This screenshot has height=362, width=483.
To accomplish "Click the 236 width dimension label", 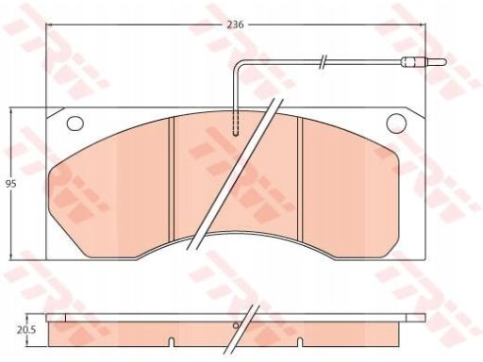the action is point(236,25).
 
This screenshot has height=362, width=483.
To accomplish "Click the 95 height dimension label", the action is point(11,184).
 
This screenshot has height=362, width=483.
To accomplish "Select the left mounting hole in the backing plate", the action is point(75,123).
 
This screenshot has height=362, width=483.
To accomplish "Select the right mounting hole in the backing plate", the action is point(396,123).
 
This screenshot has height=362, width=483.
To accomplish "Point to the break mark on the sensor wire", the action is point(323,61).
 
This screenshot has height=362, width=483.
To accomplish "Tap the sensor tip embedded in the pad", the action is point(236,124).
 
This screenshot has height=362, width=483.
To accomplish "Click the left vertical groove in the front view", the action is point(172,180).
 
